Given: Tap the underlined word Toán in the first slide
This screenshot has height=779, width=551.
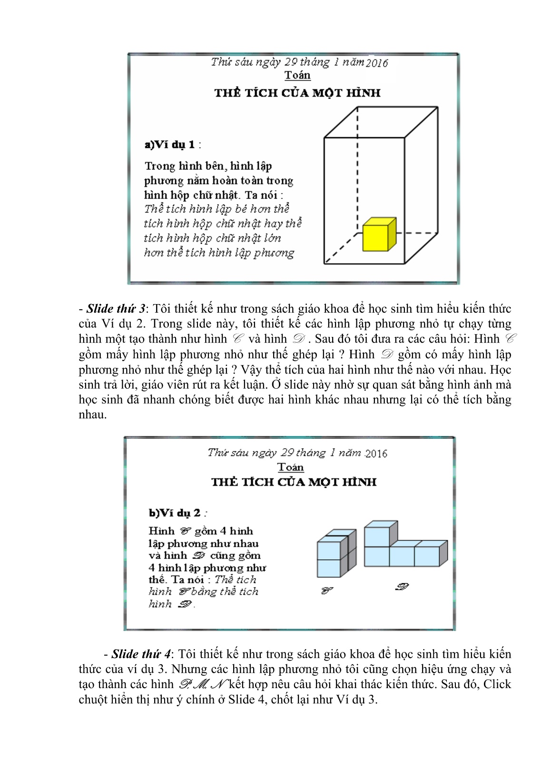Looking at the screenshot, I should pyautogui.click(x=297, y=75).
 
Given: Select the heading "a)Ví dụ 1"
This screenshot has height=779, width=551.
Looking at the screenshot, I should pyautogui.click(x=170, y=145).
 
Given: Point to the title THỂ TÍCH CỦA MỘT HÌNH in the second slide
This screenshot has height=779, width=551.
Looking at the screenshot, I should pyautogui.click(x=294, y=482).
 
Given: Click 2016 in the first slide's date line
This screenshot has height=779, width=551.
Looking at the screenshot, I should pyautogui.click(x=377, y=63).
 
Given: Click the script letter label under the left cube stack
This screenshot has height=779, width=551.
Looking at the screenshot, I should pyautogui.click(x=327, y=591).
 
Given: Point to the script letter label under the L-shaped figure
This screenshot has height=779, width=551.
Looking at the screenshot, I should pyautogui.click(x=402, y=587).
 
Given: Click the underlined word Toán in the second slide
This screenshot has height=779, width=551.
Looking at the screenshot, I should pyautogui.click(x=290, y=467).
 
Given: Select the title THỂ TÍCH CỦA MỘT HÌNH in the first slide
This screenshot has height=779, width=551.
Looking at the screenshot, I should pyautogui.click(x=297, y=93).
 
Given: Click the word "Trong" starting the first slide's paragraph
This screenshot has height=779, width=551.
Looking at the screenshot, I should pyautogui.click(x=160, y=166).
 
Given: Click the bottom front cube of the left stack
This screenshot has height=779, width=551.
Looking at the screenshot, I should pyautogui.click(x=329, y=567).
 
